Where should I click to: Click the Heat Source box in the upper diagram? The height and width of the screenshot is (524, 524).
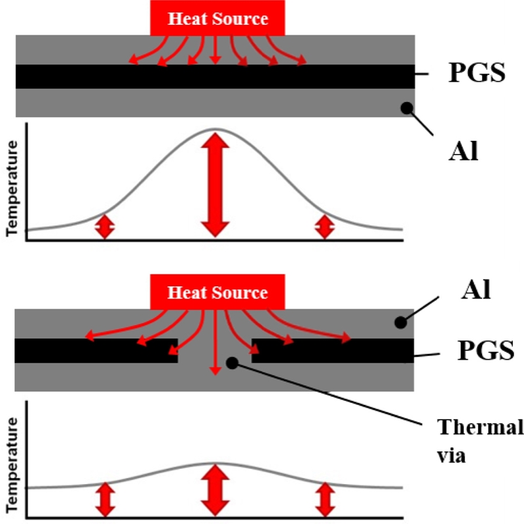[x=217, y=18]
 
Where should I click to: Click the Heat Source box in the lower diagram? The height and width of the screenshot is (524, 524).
[x=217, y=292]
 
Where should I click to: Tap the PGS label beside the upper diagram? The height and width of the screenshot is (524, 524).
[x=477, y=74]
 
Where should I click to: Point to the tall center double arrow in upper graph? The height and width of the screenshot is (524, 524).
[x=215, y=184]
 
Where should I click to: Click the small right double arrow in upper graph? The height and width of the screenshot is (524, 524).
[x=324, y=227]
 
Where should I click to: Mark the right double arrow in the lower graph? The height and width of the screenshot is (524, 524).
[x=324, y=499]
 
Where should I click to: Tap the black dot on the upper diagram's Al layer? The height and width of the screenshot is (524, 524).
[x=407, y=107]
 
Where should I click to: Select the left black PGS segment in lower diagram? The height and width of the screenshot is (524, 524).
[x=96, y=350]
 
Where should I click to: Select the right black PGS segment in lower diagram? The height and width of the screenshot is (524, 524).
[x=333, y=350]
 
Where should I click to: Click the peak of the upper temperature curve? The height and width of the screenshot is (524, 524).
[x=215, y=128]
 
